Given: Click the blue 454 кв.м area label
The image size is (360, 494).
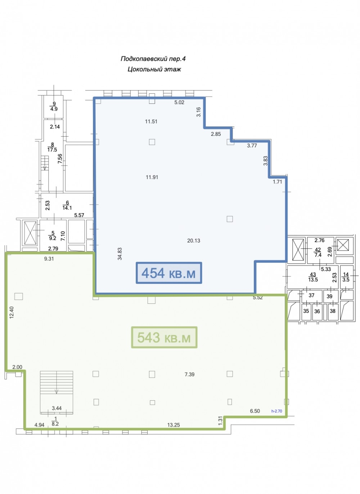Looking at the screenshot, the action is tap(169, 273).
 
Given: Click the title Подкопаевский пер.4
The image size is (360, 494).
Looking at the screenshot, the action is tap(153, 59).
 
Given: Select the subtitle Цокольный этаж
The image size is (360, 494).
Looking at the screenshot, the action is tap(154, 69).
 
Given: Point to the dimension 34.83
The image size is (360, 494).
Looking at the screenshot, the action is tap(120, 254).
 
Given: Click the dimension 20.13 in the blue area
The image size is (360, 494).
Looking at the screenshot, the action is tap(194, 241).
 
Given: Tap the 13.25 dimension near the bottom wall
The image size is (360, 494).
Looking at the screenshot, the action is tap(174, 425).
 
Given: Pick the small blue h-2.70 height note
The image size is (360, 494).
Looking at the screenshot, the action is tap(276, 411).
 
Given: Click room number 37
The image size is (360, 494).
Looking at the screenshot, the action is tap(311, 295).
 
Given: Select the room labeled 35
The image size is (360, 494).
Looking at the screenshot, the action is tap(306, 311).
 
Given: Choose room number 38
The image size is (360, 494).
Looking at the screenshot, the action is tap(333, 311).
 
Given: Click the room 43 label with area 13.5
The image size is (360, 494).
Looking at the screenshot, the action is tap(313, 277).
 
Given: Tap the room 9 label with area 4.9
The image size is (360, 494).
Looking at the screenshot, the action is tap(54, 106).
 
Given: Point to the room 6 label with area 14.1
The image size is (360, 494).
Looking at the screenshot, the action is tap(67, 205).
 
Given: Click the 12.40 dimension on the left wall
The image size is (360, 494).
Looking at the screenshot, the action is tap(12, 312).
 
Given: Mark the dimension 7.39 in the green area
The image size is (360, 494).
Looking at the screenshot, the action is tap(189, 374).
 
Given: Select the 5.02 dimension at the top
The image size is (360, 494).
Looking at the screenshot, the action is tap(179, 102).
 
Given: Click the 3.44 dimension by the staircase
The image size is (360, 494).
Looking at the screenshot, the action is tap(57, 408).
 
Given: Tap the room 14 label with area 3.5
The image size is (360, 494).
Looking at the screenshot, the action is tap(346, 277).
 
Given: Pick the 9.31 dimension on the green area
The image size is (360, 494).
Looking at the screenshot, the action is tap(49, 259).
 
